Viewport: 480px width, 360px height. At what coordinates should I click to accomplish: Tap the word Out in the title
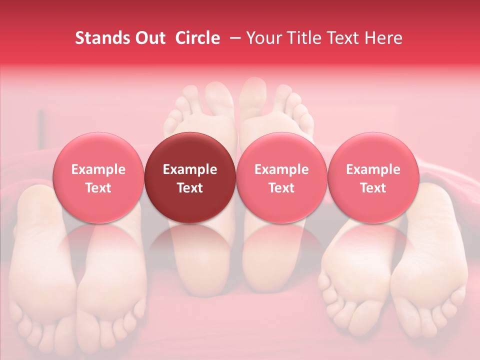click(x=149, y=38)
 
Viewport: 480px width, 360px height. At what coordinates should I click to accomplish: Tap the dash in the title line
click(x=232, y=38)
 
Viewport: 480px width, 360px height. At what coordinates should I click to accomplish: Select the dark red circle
click(x=190, y=177)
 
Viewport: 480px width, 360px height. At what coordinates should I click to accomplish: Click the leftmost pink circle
click(x=98, y=177)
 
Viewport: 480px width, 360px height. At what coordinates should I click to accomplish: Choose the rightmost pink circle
click(x=373, y=177)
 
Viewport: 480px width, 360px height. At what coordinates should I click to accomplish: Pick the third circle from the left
click(x=281, y=177)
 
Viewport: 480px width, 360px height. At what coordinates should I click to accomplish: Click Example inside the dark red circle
click(x=190, y=169)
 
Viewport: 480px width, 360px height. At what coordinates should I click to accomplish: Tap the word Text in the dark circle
click(x=190, y=188)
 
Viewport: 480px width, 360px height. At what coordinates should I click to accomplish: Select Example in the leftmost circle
click(x=98, y=169)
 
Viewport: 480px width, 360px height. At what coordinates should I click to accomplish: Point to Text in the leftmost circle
click(x=98, y=188)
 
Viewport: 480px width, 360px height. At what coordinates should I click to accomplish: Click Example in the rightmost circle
click(x=373, y=169)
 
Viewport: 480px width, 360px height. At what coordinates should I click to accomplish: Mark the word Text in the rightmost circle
click(x=373, y=188)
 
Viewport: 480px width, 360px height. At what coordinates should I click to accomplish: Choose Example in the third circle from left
click(x=281, y=169)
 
